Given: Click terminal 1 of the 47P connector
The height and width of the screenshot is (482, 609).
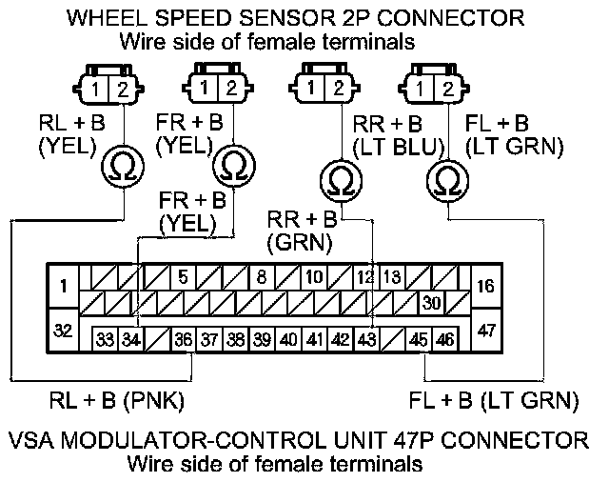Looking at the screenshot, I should coord(63,285).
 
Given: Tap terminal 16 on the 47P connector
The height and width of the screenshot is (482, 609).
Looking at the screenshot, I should coord(485,285).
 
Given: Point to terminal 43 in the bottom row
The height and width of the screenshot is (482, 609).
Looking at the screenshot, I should coord(366,338).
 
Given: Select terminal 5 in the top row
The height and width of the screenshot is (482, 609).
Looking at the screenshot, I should coord(184,277).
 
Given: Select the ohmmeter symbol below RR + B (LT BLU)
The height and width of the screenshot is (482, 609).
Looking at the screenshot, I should coord(337,177).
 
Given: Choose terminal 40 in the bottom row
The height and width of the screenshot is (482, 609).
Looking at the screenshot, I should coord(287,338).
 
